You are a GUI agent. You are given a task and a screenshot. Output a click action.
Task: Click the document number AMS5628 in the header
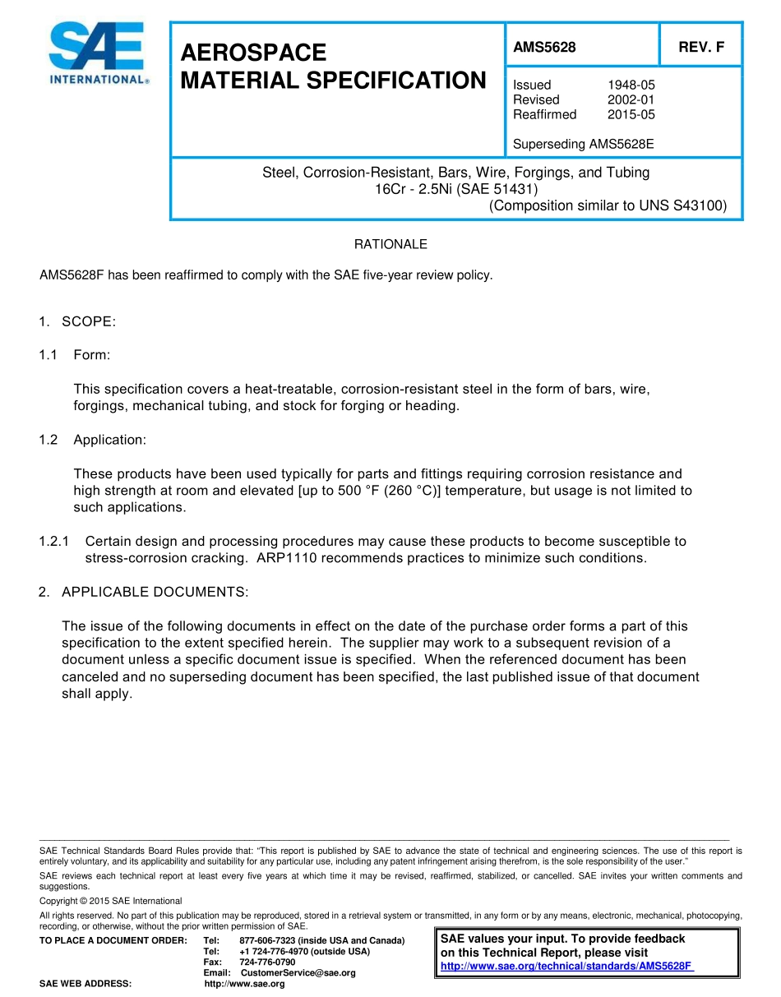pyautogui.click(x=544, y=47)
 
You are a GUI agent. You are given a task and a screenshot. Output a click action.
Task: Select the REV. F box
pyautogui.click(x=700, y=47)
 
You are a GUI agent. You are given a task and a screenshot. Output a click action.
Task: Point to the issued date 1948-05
pyautogui.click(x=631, y=85)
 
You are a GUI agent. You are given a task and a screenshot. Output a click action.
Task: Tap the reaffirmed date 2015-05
pyautogui.click(x=631, y=114)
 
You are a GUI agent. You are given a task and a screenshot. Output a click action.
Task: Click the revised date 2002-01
pyautogui.click(x=631, y=99)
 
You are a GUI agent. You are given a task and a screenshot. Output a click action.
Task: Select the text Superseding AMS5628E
pyautogui.click(x=583, y=145)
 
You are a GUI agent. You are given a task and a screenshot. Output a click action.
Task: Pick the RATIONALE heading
pyautogui.click(x=390, y=244)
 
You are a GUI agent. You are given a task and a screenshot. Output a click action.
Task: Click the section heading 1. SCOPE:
pyautogui.click(x=78, y=321)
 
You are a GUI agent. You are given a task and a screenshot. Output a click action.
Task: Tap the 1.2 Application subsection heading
pyautogui.click(x=93, y=440)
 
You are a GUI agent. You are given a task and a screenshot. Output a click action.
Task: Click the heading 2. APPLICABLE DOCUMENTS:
pyautogui.click(x=144, y=592)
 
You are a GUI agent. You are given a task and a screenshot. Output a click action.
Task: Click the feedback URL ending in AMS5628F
pyautogui.click(x=567, y=966)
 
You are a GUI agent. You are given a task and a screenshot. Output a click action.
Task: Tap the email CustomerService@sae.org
pyautogui.click(x=298, y=973)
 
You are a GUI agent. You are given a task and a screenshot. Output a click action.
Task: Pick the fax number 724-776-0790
pyautogui.click(x=267, y=962)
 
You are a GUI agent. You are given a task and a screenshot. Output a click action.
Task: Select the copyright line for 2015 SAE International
pyautogui.click(x=111, y=901)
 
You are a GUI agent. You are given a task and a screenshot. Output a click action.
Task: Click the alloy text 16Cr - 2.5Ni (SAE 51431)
pyautogui.click(x=456, y=189)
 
